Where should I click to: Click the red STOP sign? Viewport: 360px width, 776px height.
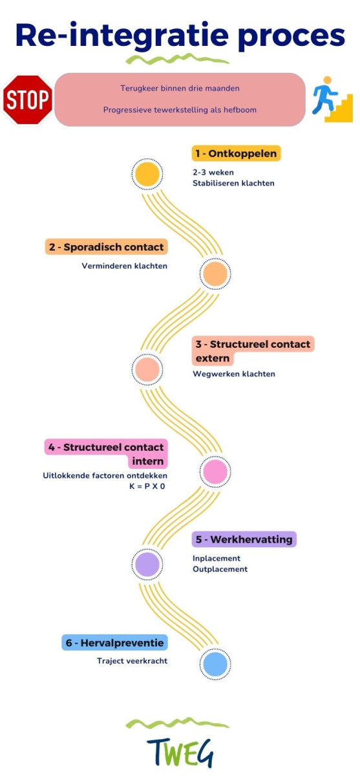click(x=27, y=100)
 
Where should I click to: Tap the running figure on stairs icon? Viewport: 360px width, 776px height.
click(x=332, y=100)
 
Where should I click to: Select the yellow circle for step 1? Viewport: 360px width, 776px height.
click(x=147, y=174)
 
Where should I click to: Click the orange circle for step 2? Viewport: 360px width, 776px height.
click(x=215, y=274)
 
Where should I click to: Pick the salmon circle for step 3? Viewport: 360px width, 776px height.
click(x=147, y=369)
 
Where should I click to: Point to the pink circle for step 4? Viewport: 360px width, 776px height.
click(x=215, y=471)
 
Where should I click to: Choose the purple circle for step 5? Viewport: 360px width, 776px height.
click(x=147, y=565)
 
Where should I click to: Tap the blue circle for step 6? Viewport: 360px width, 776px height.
click(x=215, y=664)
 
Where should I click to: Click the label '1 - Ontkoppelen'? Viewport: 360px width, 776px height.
click(x=236, y=153)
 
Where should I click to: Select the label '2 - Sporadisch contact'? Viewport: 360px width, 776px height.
click(x=106, y=247)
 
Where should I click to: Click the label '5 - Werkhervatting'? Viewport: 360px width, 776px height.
click(x=244, y=539)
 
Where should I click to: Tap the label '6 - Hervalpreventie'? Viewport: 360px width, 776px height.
click(x=114, y=643)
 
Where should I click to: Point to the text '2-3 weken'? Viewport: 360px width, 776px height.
click(x=213, y=172)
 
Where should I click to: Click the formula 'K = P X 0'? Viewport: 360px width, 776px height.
click(x=147, y=486)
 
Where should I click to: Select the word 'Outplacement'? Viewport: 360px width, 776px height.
click(x=220, y=569)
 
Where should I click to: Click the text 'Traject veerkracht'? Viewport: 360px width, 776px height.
click(x=132, y=661)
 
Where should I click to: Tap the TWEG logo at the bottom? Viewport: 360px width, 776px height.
click(x=180, y=754)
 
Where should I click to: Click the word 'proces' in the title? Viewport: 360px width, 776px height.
click(x=291, y=36)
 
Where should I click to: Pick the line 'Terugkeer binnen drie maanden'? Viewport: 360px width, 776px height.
click(x=180, y=89)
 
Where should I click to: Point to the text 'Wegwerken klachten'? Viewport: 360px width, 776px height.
click(x=234, y=374)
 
